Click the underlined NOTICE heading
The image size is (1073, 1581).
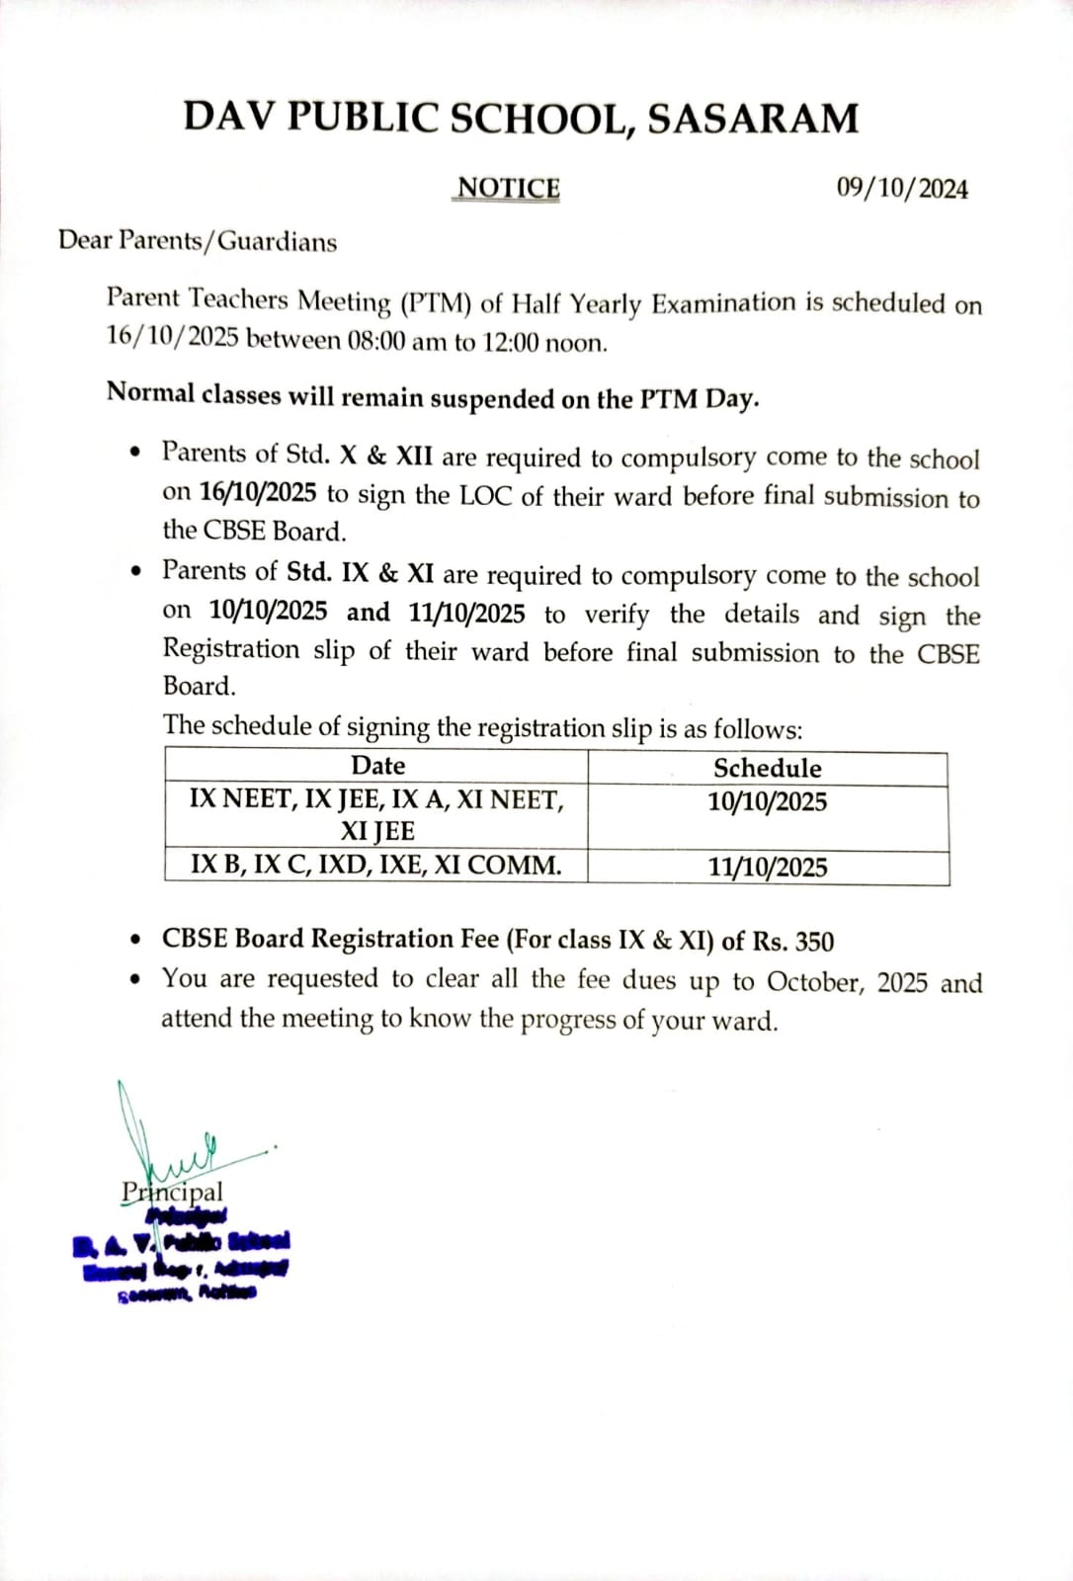508,188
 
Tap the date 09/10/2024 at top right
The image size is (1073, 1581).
902,188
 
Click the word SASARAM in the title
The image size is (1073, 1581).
753,119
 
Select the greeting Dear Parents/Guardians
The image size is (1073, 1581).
198,241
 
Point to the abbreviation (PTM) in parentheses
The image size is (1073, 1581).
436,301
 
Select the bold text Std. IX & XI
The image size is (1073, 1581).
361,573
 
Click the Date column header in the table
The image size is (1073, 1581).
377,766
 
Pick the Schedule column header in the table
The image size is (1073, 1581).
767,768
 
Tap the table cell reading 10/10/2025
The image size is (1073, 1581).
767,801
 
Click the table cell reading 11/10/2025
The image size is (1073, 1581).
767,868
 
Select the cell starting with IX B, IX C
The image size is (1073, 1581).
375,866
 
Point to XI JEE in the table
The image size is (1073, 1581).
377,831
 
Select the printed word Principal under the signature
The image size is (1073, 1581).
173,1192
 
